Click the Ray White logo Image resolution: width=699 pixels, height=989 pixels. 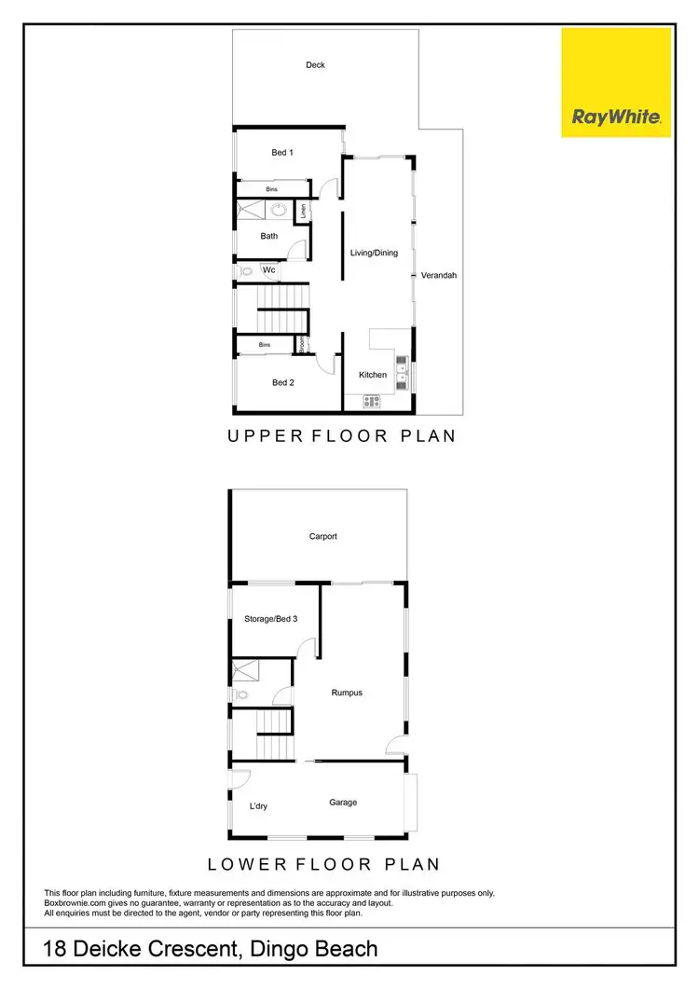click(x=616, y=82)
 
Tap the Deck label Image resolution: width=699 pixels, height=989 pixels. click(x=315, y=65)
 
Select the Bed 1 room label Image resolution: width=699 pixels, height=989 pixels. click(x=282, y=152)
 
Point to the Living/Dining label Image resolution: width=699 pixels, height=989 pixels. click(x=374, y=253)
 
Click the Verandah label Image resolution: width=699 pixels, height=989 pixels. click(x=438, y=275)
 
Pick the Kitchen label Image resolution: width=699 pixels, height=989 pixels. click(x=373, y=375)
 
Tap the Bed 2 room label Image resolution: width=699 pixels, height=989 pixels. click(x=282, y=382)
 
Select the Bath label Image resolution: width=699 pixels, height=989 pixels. click(x=269, y=236)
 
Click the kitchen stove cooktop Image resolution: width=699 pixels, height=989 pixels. click(x=372, y=402)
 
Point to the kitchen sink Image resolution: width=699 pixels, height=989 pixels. click(x=402, y=372)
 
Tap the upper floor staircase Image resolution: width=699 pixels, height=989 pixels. click(x=281, y=308)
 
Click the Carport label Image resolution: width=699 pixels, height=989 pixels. click(x=322, y=536)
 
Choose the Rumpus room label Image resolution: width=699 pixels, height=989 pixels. click(x=347, y=693)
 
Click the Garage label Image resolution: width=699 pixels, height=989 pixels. click(x=343, y=802)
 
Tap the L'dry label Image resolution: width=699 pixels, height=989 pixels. click(x=258, y=806)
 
